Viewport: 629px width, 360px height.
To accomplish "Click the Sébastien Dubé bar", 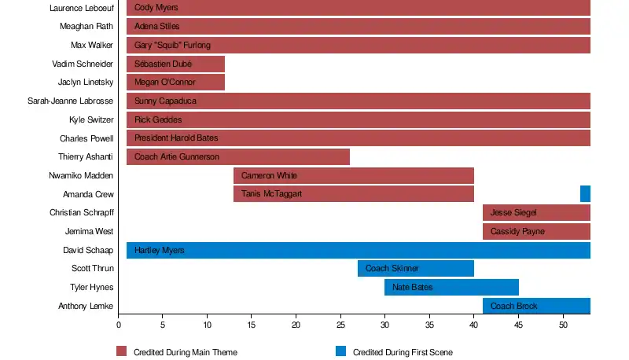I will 175,64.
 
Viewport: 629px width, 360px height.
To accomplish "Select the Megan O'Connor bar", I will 175,83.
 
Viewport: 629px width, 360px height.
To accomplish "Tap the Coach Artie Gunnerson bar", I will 237,156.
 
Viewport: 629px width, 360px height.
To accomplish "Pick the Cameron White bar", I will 353,175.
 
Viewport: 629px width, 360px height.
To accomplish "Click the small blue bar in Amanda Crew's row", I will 585,193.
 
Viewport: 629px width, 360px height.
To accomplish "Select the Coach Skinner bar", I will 415,268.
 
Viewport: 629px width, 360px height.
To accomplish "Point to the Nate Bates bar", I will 451,287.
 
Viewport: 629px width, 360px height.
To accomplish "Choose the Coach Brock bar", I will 536,306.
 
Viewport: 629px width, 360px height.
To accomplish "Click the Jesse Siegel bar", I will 536,212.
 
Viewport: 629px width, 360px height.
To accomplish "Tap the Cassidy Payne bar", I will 536,231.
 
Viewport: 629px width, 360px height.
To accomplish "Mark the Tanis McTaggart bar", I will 353,193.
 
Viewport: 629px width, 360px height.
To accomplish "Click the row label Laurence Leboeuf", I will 81,8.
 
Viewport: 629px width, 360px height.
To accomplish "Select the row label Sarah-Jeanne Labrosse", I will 71,101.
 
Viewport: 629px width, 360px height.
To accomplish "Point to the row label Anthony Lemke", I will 86,306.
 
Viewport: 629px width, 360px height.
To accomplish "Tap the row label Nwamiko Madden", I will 81,175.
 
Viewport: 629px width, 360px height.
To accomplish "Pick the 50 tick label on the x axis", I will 563,324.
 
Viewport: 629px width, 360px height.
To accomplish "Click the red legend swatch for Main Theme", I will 122,351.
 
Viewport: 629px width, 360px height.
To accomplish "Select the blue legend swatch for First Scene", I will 340,351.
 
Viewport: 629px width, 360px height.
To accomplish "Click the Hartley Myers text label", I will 159,251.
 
